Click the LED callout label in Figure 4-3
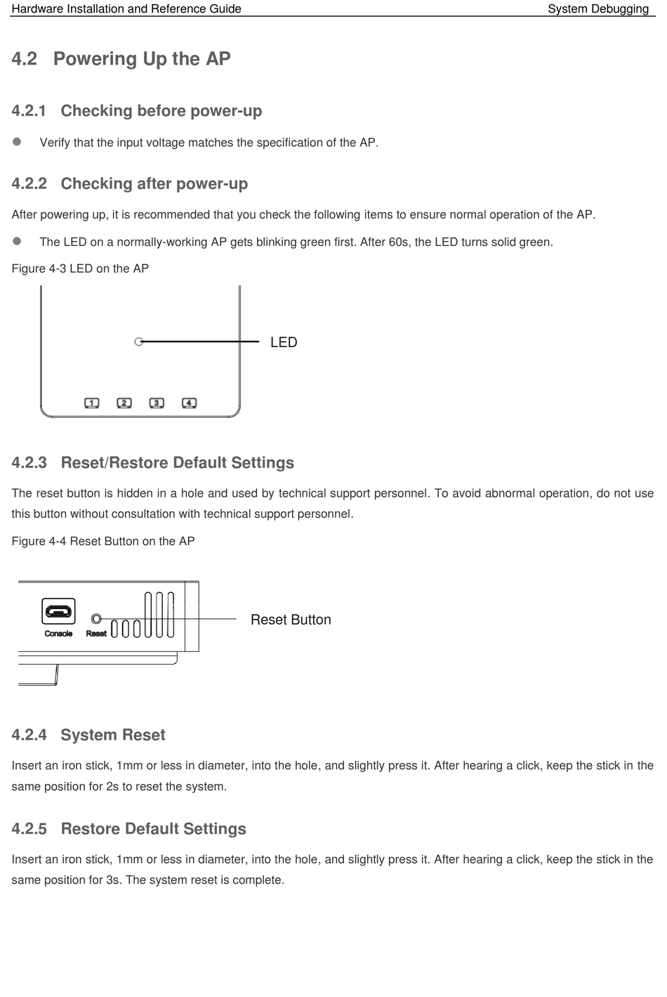(284, 342)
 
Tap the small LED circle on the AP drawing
(139, 341)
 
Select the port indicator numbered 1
(92, 403)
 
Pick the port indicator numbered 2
(124, 403)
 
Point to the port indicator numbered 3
(157, 403)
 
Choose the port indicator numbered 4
(189, 403)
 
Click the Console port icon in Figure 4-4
(58, 611)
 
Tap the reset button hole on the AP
(97, 619)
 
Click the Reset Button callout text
(291, 620)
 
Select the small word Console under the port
(58, 634)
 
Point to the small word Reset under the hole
(96, 634)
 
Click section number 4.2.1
(29, 111)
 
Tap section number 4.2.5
(29, 829)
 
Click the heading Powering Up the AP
(142, 59)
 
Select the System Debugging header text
(598, 9)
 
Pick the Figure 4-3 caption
(80, 268)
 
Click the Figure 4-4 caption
(103, 541)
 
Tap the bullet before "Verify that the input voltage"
(17, 142)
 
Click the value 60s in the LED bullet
(399, 242)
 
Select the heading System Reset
(113, 735)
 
